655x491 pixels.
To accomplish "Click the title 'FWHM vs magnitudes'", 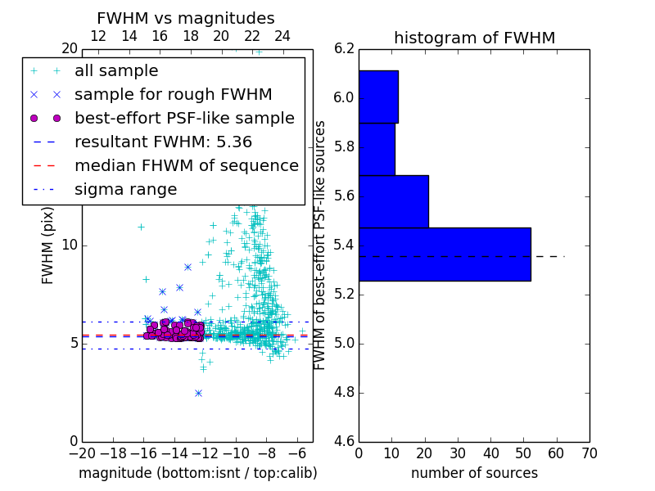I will tap(185, 18).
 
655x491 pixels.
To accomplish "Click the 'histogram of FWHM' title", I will tap(474, 38).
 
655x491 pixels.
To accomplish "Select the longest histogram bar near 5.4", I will tap(445, 254).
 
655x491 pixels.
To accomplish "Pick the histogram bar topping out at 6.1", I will tap(378, 97).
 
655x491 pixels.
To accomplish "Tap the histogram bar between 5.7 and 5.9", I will tap(377, 149).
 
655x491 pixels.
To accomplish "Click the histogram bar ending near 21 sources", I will tap(393, 201).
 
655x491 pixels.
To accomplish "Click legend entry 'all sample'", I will tap(116, 71).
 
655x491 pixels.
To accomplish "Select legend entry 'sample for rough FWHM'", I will tap(173, 95).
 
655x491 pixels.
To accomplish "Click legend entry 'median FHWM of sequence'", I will tap(186, 165).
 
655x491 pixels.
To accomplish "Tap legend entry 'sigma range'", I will tap(125, 190).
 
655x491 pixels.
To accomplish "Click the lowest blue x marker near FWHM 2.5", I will tap(198, 393).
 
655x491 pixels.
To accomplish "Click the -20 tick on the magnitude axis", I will tap(82, 453).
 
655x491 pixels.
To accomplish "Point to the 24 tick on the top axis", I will tap(282, 36).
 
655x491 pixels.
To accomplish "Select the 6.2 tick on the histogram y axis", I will tap(344, 48).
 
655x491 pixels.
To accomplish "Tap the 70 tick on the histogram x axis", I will tap(588, 453).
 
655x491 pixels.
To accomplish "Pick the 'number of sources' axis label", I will tap(474, 473).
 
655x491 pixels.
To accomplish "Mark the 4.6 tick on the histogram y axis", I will tap(344, 441).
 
